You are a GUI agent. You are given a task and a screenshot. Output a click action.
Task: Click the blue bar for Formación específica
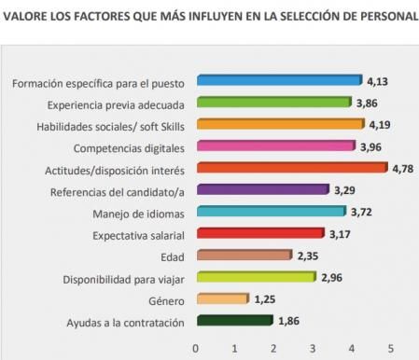277,82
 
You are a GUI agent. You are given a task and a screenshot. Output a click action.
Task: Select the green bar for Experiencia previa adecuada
272,104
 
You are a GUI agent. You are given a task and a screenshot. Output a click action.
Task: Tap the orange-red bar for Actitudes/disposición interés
289,169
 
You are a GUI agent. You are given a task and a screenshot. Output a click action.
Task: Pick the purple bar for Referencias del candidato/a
260,191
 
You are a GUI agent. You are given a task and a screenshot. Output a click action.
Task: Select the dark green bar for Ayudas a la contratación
231,322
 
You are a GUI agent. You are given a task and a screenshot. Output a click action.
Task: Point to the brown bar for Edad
242,256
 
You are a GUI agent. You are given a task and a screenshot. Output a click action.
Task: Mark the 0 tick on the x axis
195,348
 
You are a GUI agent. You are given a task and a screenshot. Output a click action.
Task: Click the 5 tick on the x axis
390,348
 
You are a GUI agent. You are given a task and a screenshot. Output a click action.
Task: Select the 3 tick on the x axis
313,348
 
